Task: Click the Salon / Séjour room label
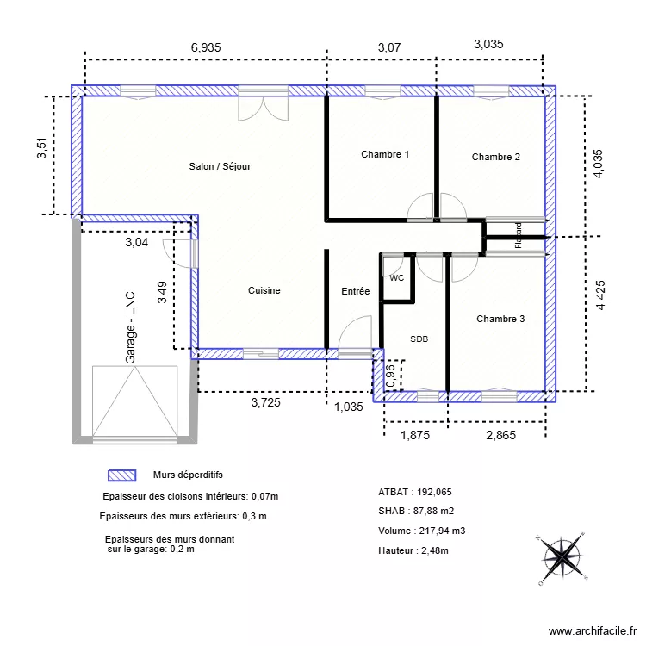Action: [x=220, y=166]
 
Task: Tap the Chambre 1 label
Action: [x=385, y=155]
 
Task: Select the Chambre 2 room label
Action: [x=495, y=157]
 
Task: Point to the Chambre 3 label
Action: [x=500, y=319]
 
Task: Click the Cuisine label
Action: [x=264, y=291]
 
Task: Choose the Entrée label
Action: [x=355, y=292]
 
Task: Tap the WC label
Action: [x=396, y=279]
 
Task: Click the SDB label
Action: [x=419, y=339]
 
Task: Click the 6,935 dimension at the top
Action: [x=205, y=48]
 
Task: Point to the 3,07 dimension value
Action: [x=389, y=48]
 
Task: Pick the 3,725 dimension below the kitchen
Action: [x=266, y=401]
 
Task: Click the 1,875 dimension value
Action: [x=414, y=436]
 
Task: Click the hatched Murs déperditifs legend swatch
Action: [x=121, y=475]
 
